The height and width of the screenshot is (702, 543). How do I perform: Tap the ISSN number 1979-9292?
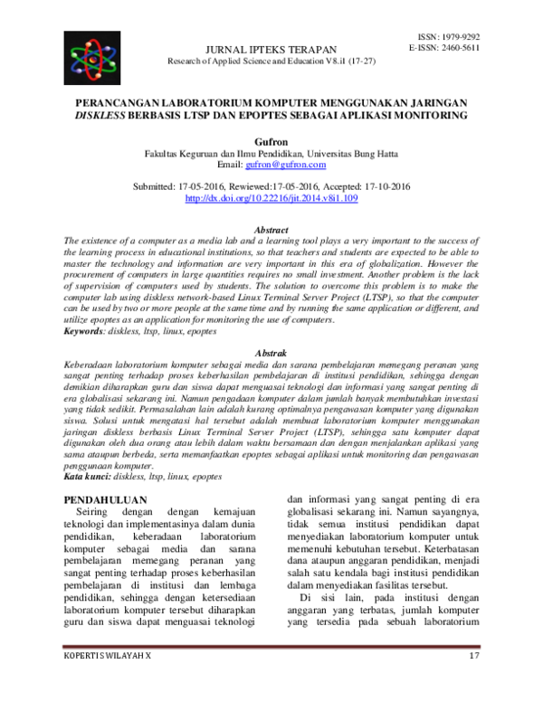458,36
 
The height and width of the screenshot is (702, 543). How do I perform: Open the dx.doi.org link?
271,197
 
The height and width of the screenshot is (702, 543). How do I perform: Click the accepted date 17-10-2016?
382,185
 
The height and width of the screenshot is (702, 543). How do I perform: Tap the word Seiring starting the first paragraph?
95,511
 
